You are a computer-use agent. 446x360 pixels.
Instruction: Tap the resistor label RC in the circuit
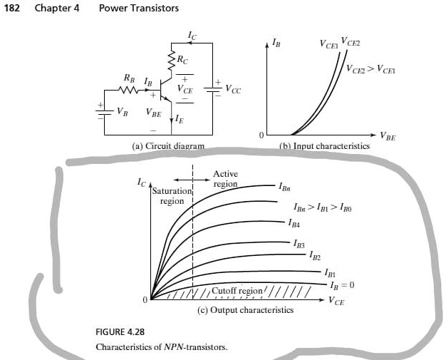click(x=184, y=61)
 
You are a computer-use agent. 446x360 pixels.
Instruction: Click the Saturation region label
click(x=172, y=196)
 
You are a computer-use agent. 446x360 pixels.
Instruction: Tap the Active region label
click(x=225, y=179)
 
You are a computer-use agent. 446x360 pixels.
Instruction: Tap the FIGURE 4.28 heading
click(x=120, y=333)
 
